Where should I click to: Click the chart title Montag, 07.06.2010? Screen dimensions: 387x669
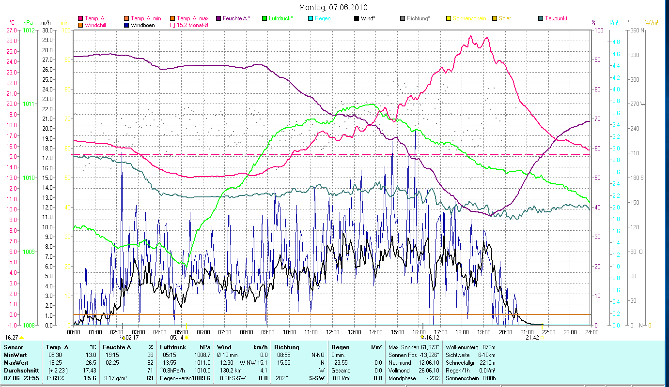click(333, 7)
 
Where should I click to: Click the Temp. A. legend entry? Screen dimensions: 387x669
click(95, 18)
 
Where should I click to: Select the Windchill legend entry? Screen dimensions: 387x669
click(97, 25)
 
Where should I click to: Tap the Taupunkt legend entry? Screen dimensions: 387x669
click(556, 18)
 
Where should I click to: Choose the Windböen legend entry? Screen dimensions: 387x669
click(142, 25)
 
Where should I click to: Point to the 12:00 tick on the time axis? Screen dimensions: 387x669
click(333, 332)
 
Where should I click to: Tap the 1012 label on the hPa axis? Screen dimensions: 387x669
click(29, 30)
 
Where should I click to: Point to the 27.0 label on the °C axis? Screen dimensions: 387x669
click(12, 30)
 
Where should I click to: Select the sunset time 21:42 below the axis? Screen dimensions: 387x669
click(532, 338)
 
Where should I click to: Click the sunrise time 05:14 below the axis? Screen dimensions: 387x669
click(176, 338)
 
